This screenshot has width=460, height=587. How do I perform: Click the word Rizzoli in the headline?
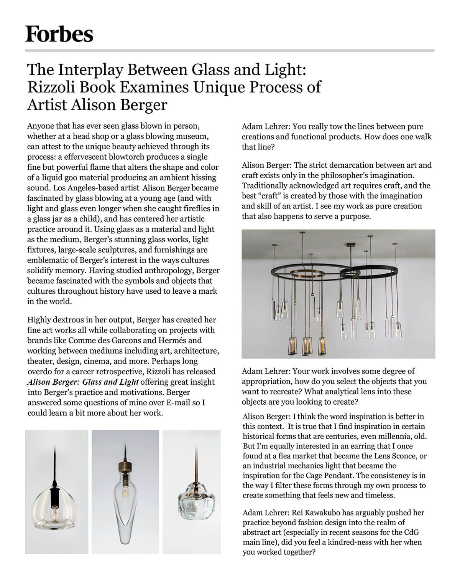[x=50, y=88]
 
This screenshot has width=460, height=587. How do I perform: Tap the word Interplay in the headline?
[x=90, y=70]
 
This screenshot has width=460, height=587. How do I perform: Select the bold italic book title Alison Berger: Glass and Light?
[x=83, y=382]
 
